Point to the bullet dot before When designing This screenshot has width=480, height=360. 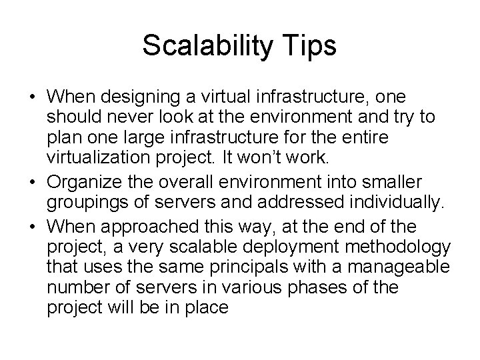click(33, 97)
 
